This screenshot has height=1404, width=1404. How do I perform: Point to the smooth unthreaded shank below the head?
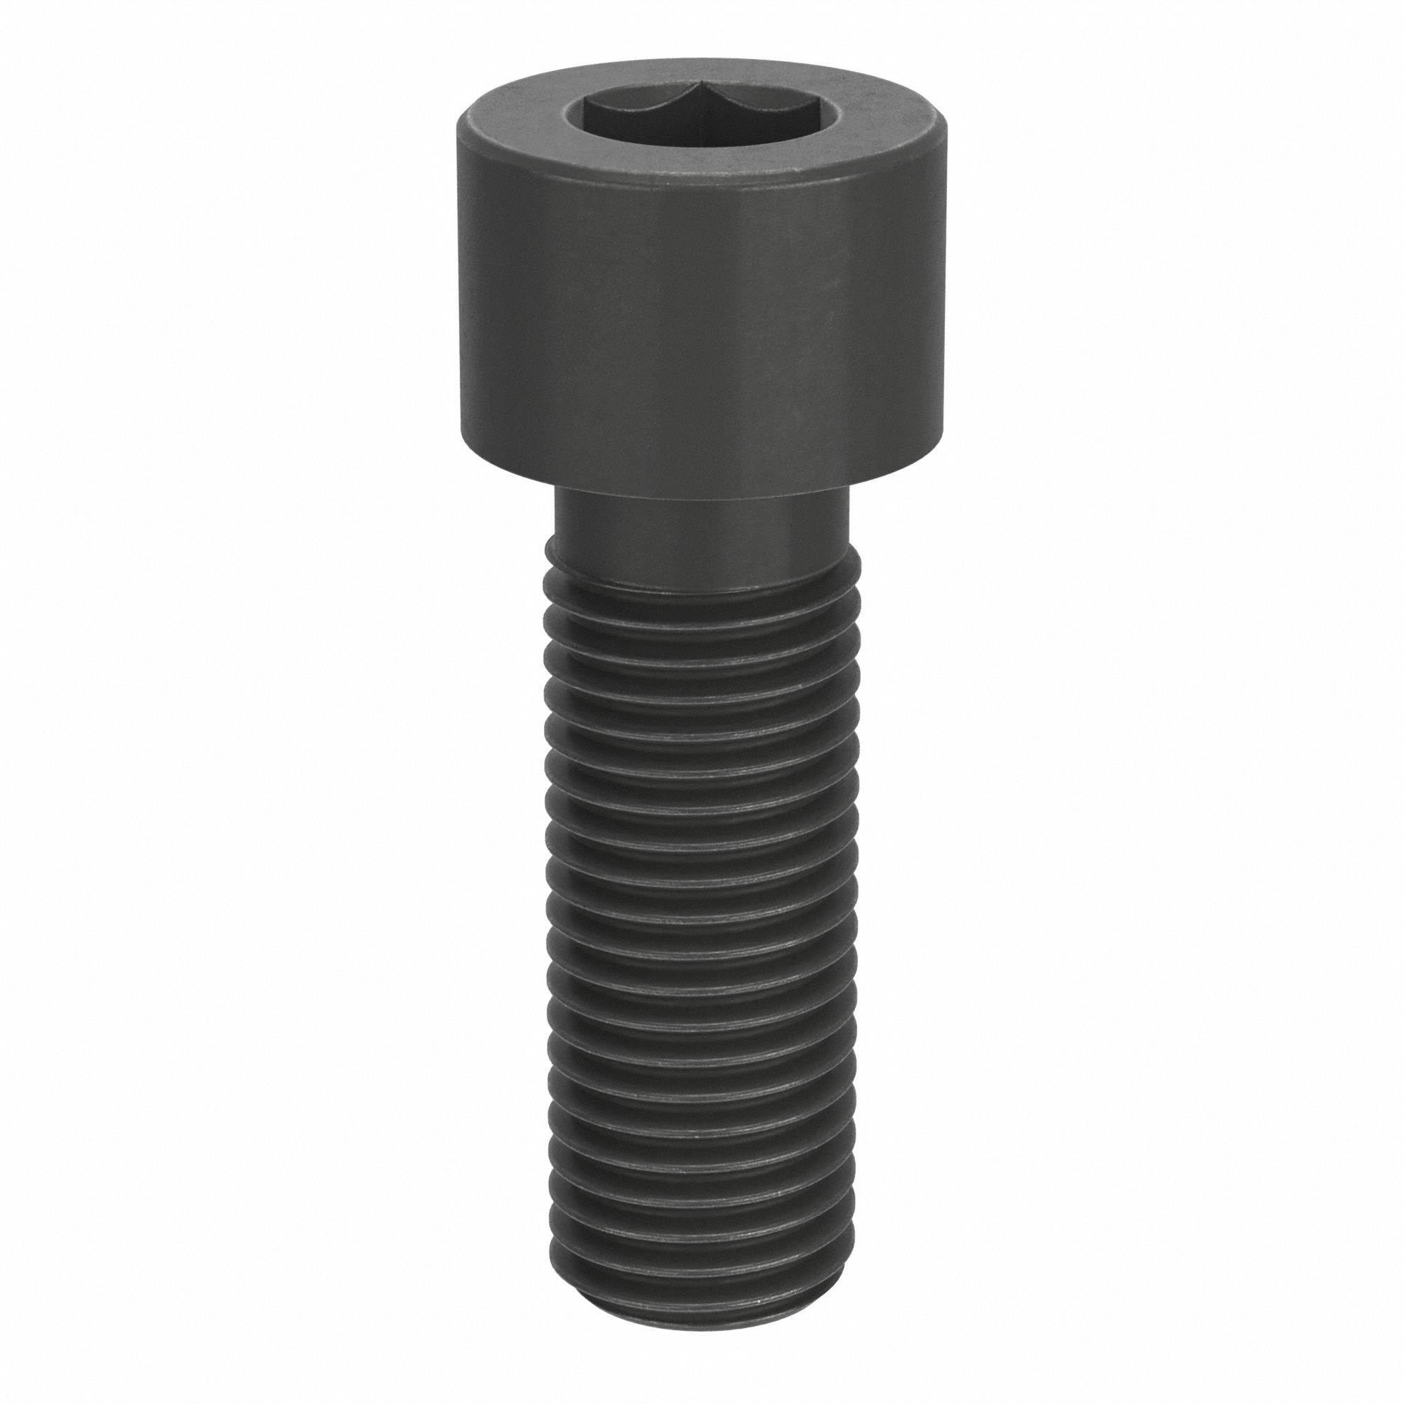701,531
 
